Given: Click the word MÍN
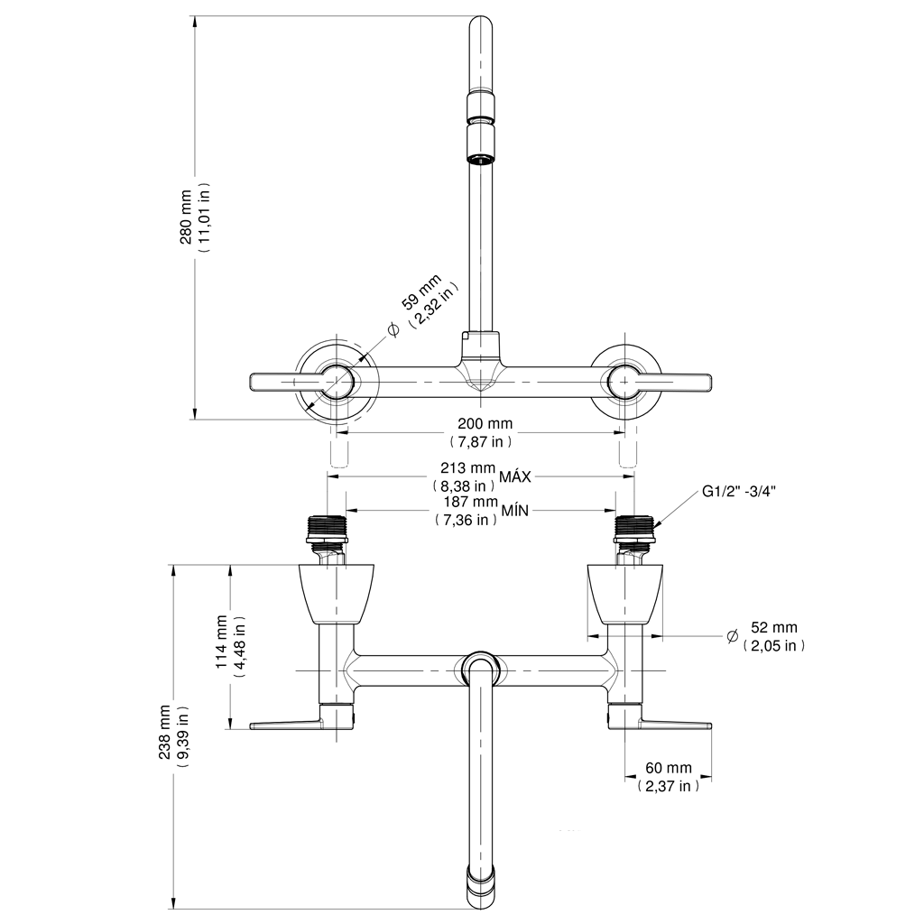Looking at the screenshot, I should [x=514, y=511].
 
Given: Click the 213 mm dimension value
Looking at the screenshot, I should [x=467, y=468].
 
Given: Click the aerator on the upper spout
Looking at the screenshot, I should [x=481, y=144].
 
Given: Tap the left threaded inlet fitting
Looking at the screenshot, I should [x=327, y=531].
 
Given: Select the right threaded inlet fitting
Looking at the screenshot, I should [x=633, y=531].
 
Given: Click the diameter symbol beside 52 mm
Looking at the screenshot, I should [x=732, y=635].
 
